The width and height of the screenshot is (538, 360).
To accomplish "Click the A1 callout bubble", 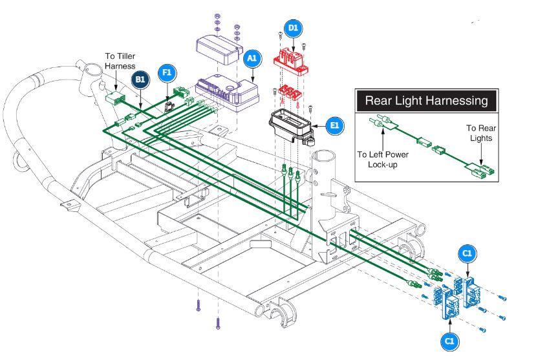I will [x=252, y=58].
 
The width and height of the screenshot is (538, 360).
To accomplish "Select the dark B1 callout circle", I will [x=140, y=79].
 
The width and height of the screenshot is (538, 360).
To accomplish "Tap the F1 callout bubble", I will [x=167, y=73].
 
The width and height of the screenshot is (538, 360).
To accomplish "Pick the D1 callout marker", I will [x=293, y=28].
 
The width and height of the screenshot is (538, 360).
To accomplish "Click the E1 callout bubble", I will [x=334, y=125].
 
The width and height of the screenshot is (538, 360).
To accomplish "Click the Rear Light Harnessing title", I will [x=426, y=100].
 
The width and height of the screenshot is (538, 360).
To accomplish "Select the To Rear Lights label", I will [x=480, y=133].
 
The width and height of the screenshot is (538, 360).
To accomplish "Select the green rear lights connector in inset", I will [x=484, y=171].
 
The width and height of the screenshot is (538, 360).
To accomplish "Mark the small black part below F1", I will [x=170, y=104].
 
